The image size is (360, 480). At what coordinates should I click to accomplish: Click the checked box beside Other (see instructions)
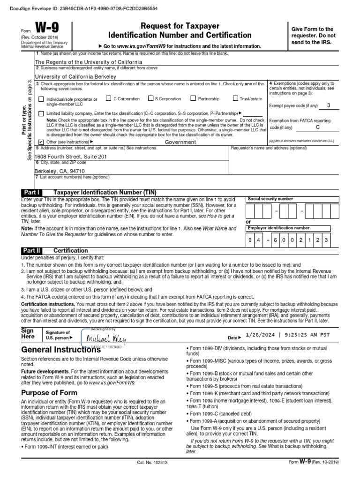pos(41,142)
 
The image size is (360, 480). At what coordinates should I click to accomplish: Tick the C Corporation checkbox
pos(109,98)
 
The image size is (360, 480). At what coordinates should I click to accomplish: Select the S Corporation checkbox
pos(150,98)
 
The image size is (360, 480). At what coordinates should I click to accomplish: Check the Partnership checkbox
pos(193,98)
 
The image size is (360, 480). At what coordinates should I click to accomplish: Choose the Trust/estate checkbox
pos(236,98)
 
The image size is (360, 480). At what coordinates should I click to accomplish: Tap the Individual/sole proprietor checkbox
pos(41,99)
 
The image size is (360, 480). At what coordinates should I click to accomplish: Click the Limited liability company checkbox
pos(41,113)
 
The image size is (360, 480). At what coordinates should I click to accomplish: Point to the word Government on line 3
pos(180,142)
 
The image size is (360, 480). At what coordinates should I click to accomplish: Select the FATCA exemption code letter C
pos(317,127)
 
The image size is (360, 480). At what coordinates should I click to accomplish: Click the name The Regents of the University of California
pos(89,62)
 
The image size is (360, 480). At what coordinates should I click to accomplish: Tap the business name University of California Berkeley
pos(75,76)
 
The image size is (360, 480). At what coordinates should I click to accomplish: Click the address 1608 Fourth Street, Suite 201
pos(71,156)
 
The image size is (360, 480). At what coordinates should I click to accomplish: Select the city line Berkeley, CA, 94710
pos(60,171)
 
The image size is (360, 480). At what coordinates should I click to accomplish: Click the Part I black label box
pos(32,192)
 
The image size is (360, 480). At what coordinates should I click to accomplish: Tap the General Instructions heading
pos(61,350)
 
